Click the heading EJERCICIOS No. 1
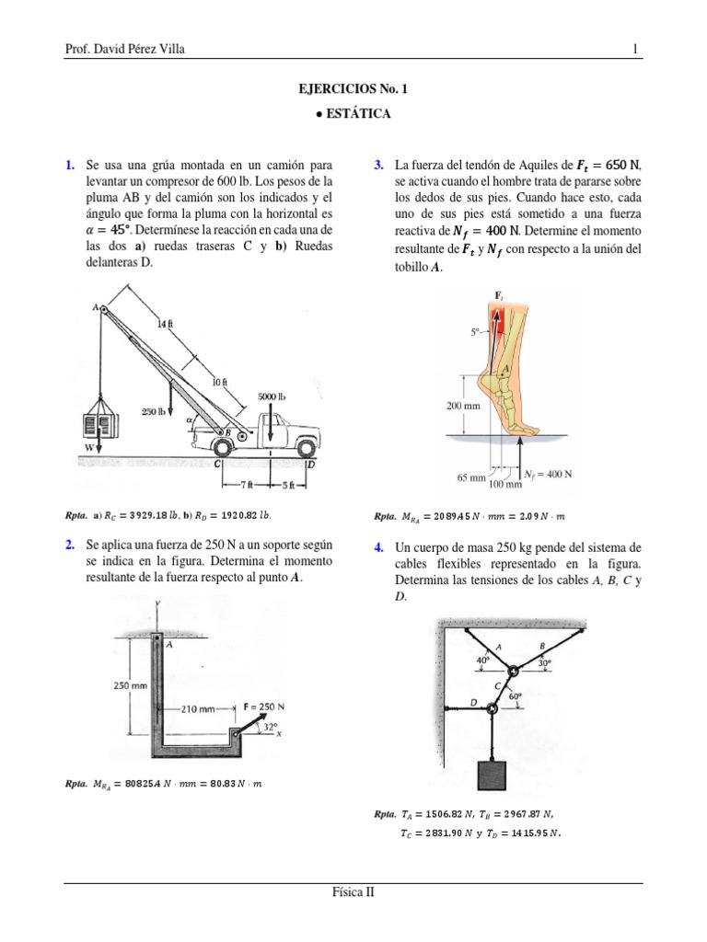click(353, 89)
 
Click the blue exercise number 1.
click(69, 166)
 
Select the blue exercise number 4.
click(378, 548)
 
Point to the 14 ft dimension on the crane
click(165, 324)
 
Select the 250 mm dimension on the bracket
click(131, 685)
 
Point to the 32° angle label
click(270, 726)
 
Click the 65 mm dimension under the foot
click(470, 478)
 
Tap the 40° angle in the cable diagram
click(482, 661)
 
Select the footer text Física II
click(353, 891)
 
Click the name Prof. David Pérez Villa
click(125, 49)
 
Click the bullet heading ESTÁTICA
click(353, 114)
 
